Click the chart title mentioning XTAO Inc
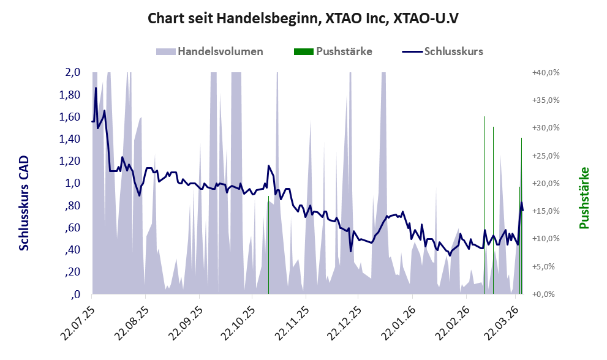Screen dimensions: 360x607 [303, 18]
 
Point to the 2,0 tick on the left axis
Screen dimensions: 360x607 [73, 72]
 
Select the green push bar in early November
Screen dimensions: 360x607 [268, 245]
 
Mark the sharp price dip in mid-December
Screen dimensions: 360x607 [350, 250]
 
